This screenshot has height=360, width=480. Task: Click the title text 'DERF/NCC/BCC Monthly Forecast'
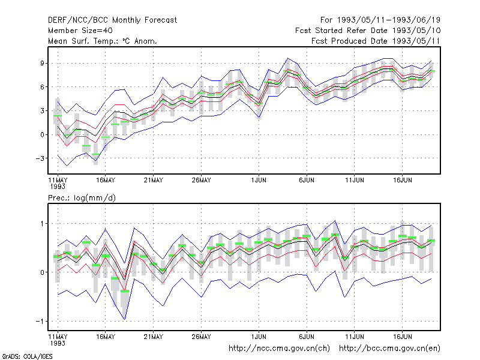pyautogui.click(x=112, y=20)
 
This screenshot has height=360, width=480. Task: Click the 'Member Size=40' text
pyautogui.click(x=80, y=31)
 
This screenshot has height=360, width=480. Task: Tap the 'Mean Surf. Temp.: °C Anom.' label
pyautogui.click(x=103, y=41)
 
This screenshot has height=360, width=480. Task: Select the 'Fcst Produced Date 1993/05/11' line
pyautogui.click(x=376, y=41)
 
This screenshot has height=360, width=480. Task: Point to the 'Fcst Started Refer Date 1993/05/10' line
pyautogui.click(x=368, y=31)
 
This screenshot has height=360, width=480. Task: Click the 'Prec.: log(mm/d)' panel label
pyautogui.click(x=82, y=198)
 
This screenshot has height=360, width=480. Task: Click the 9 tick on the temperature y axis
pyautogui.click(x=42, y=63)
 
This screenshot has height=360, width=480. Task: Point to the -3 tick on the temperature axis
pyautogui.click(x=40, y=158)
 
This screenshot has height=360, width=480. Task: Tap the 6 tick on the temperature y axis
pyautogui.click(x=42, y=87)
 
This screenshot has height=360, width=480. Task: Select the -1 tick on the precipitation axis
pyautogui.click(x=40, y=322)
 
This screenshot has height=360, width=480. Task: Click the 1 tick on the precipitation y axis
pyautogui.click(x=42, y=224)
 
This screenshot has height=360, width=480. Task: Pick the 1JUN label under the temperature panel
pyautogui.click(x=259, y=181)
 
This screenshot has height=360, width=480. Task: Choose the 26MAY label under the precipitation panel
pyautogui.click(x=201, y=337)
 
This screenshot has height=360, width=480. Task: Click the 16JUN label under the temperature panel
pyautogui.click(x=402, y=181)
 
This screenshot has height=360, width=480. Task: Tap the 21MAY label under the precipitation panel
pyautogui.click(x=154, y=337)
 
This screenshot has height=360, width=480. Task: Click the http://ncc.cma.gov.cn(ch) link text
pyautogui.click(x=279, y=349)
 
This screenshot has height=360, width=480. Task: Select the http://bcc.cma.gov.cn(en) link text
pyautogui.click(x=389, y=349)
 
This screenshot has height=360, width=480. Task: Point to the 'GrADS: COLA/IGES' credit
pyautogui.click(x=27, y=356)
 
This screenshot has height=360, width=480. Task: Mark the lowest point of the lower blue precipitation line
pyautogui.click(x=125, y=320)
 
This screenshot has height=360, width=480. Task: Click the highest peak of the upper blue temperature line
pyautogui.click(x=287, y=58)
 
